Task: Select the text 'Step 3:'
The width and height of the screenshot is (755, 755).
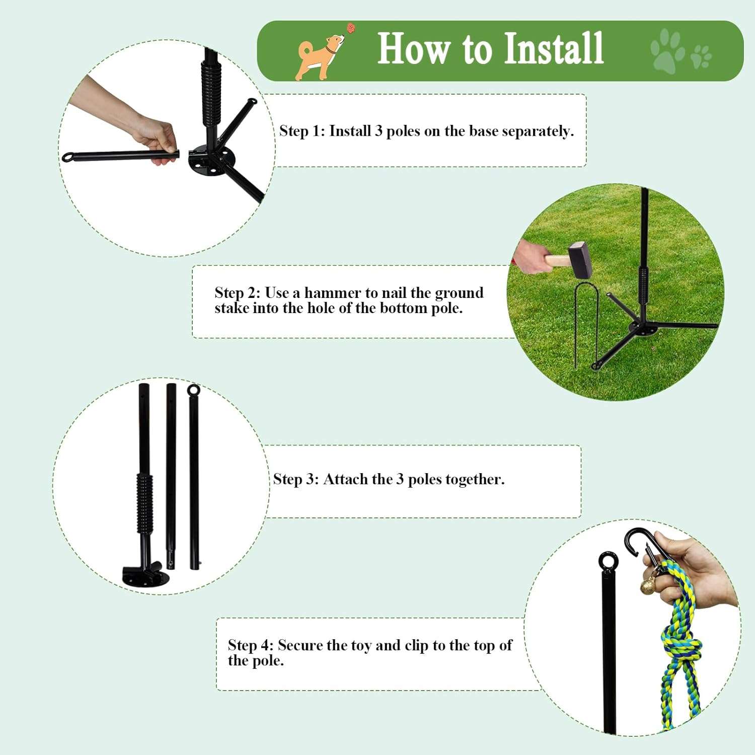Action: [296, 479]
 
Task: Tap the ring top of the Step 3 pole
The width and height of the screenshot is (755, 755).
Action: [193, 390]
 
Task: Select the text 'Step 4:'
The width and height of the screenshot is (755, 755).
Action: [250, 645]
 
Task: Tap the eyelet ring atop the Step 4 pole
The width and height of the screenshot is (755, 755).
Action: [608, 561]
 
